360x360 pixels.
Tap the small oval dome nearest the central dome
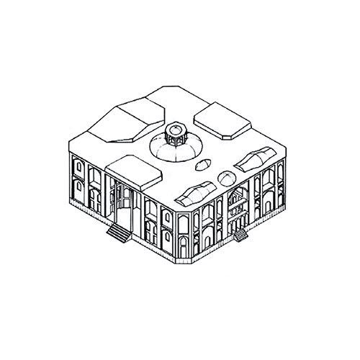(204, 164)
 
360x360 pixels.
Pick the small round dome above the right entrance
(227, 176)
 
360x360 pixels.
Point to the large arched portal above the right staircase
(238, 205)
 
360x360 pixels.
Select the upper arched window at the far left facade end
(76, 171)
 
